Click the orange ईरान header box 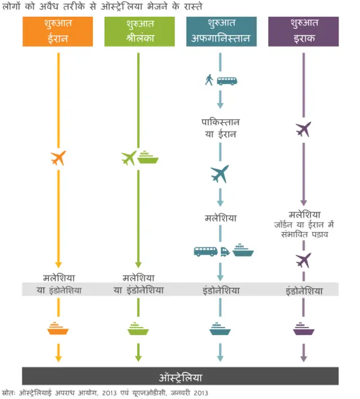pyautogui.click(x=57, y=31)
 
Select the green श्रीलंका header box pyautogui.click(x=139, y=31)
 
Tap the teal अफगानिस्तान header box pyautogui.click(x=221, y=31)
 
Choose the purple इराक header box pyautogui.click(x=303, y=31)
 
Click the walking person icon pyautogui.click(x=209, y=80)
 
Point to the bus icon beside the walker pyautogui.click(x=227, y=80)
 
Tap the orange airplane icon pyautogui.click(x=58, y=158)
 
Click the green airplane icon pyautogui.click(x=129, y=158)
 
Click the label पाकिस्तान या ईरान pyautogui.click(x=220, y=128)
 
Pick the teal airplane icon pyautogui.click(x=220, y=174)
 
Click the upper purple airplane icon pyautogui.click(x=303, y=129)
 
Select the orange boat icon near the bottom pyautogui.click(x=58, y=329)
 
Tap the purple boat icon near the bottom pyautogui.click(x=303, y=329)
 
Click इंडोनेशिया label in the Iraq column pyautogui.click(x=304, y=291)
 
